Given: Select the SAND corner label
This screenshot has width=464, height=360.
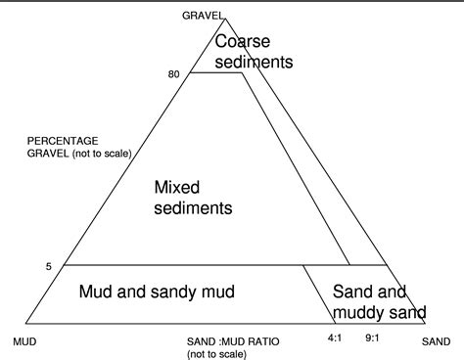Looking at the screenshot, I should [436, 343].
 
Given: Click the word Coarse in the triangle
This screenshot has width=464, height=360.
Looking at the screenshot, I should [242, 42].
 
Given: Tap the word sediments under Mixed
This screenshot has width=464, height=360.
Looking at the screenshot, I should [194, 207].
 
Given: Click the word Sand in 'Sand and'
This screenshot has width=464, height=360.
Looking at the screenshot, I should [350, 292].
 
